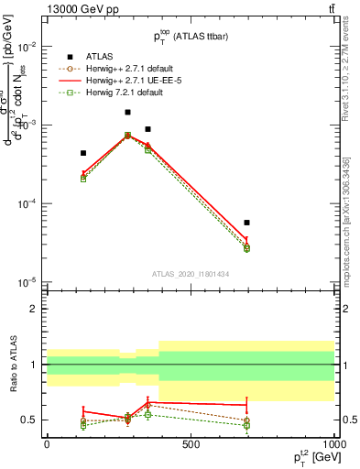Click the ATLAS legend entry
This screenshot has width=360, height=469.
(90, 56)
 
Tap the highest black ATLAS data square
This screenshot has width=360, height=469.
(127, 113)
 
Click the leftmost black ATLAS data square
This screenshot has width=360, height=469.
(83, 153)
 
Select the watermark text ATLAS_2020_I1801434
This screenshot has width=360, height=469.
(191, 273)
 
